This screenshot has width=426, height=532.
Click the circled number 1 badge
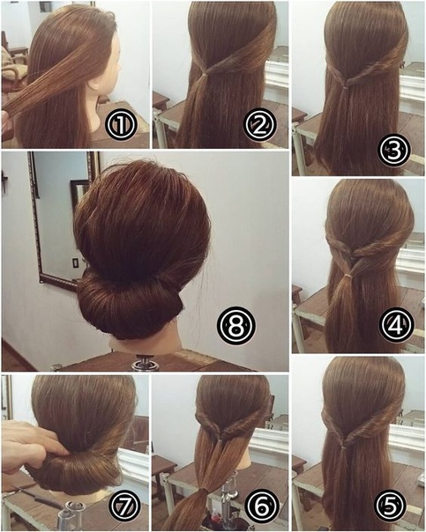[122, 124]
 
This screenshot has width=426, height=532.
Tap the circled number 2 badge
[260, 124]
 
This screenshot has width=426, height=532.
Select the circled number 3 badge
[394, 151]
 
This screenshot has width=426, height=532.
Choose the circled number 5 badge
[391, 506]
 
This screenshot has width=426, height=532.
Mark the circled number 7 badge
[124, 506]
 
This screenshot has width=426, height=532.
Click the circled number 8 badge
[235, 326]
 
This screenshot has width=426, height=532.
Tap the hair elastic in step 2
[205, 74]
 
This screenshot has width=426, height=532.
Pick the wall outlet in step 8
[75, 264]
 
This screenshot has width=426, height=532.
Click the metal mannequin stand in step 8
[142, 362]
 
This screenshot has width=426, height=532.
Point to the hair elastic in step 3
[345, 88]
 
